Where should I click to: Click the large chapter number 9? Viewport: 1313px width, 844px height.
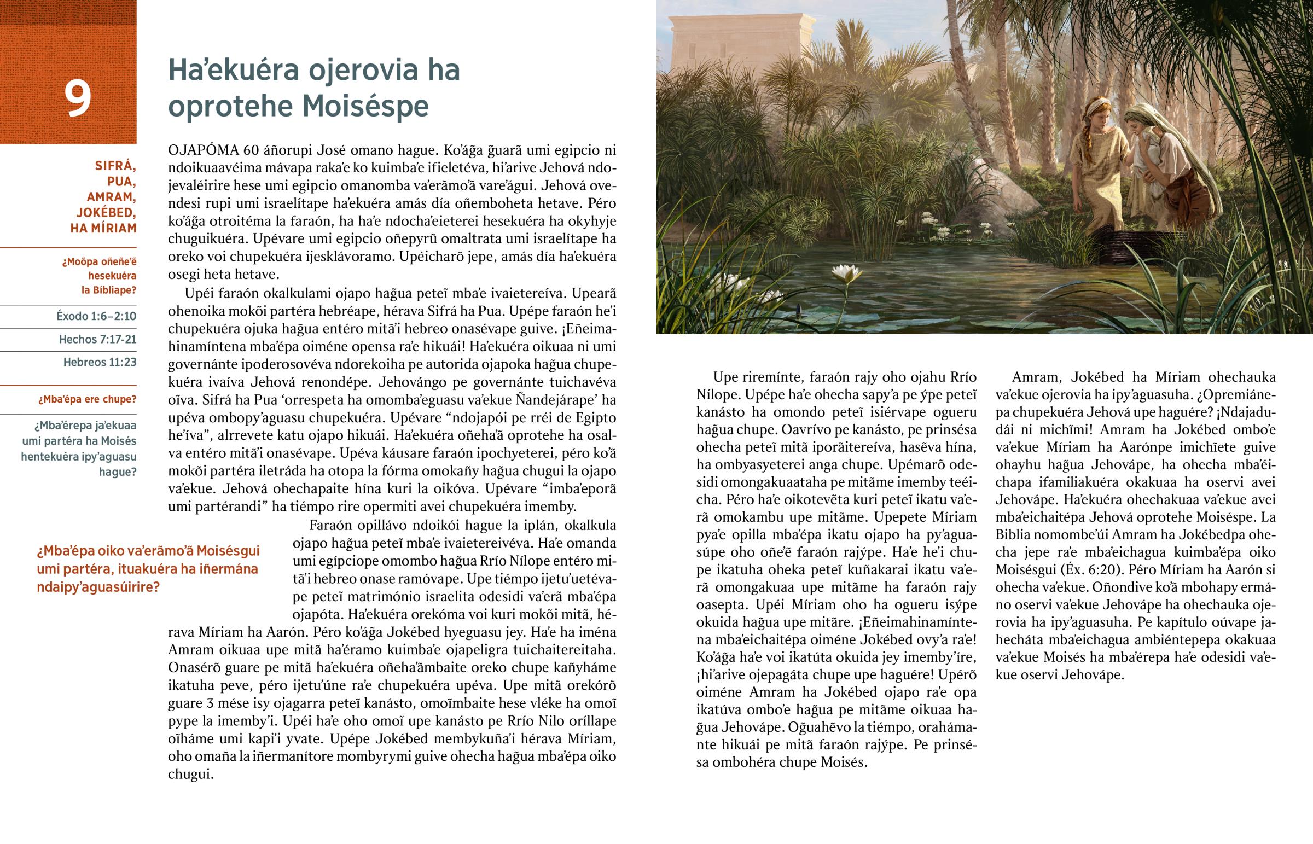coord(78,98)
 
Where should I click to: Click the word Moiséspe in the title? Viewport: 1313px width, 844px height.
coord(366,106)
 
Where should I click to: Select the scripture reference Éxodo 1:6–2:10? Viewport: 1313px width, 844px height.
coord(96,316)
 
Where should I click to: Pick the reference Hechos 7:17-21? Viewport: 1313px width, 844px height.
coord(97,339)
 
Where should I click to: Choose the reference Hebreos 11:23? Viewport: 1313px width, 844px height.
coord(100,362)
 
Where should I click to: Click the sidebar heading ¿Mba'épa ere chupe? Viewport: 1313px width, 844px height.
coord(88,399)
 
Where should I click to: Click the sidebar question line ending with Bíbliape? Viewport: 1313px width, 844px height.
coord(108,290)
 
